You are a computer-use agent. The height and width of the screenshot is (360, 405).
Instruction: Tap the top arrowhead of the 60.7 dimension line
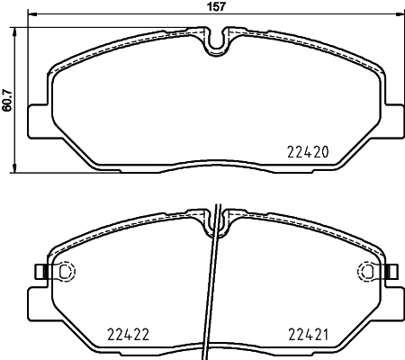(x=15, y=30)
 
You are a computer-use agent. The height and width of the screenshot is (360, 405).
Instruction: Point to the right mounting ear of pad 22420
(x=395, y=120)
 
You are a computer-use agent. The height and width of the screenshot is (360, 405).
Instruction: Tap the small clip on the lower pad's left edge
(x=39, y=271)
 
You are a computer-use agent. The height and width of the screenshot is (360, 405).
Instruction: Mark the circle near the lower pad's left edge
(x=64, y=271)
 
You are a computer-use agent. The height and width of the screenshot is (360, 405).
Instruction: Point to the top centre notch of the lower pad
(x=217, y=221)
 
